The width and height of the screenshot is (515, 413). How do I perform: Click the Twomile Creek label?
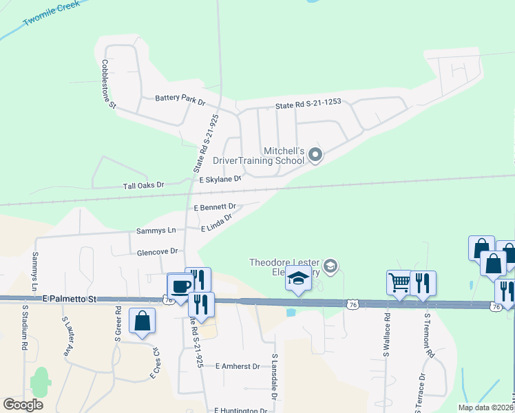[51, 13]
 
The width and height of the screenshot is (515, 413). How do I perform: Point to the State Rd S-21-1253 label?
[308, 105]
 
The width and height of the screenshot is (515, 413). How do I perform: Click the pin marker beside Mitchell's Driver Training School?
[315, 154]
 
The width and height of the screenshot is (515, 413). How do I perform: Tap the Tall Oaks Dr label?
[144, 185]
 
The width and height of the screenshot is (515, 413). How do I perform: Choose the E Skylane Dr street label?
[220, 179]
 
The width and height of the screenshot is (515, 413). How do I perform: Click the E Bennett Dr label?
[215, 206]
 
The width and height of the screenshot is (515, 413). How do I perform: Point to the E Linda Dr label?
[216, 223]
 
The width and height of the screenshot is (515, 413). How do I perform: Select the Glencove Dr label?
[158, 252]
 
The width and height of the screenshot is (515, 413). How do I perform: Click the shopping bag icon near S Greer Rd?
[142, 320]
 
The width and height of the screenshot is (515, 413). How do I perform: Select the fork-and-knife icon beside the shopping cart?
[423, 282]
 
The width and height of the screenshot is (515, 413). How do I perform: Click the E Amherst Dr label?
[237, 367]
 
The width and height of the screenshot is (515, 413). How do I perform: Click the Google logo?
[23, 405]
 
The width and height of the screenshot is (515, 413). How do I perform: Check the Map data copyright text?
[486, 407]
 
